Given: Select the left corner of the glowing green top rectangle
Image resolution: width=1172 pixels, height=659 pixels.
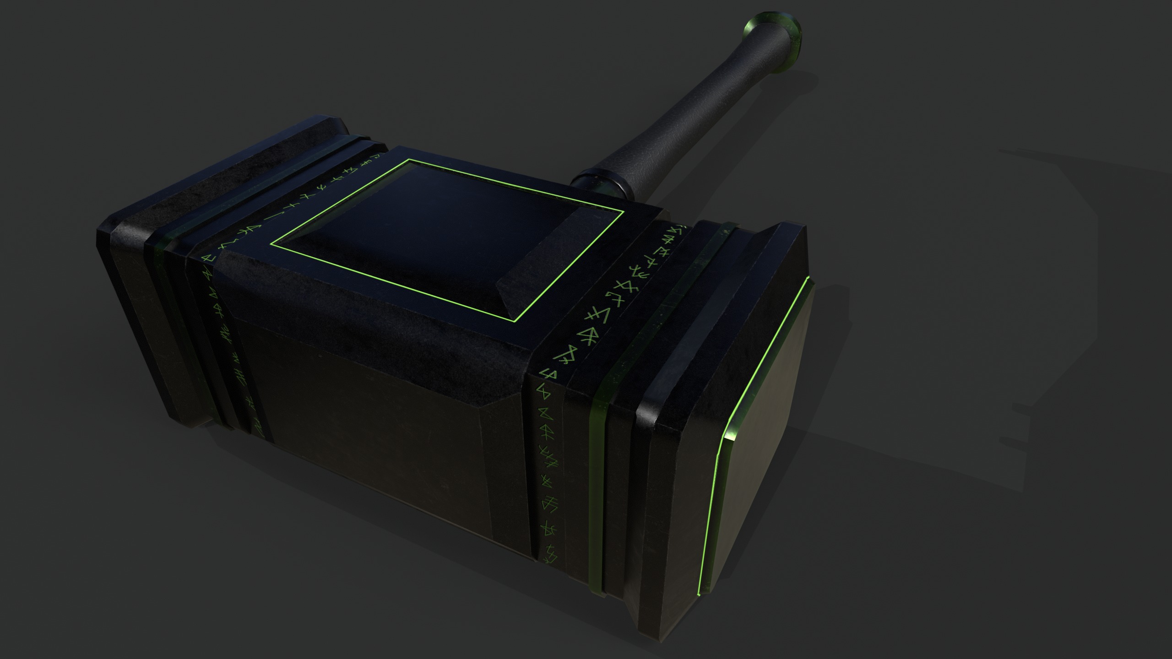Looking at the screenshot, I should coord(271,243).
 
